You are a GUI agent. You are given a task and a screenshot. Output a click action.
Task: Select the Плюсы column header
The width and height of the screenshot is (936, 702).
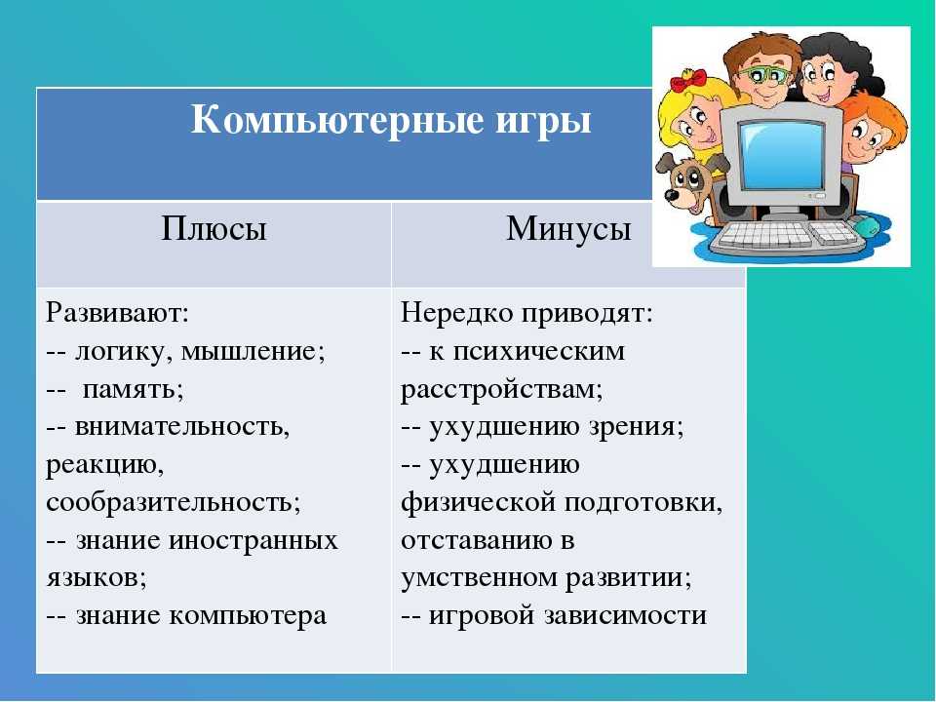coord(214,228)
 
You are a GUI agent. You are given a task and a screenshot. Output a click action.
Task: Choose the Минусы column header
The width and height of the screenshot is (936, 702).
coord(568,228)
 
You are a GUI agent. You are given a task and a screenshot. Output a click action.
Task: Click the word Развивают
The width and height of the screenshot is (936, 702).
coord(117,313)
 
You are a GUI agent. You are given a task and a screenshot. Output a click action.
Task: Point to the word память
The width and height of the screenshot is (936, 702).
coord(134,389)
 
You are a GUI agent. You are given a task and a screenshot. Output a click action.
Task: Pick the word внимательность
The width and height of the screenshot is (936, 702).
coord(182,427)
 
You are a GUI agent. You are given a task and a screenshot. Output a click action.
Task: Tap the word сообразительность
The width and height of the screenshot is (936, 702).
coord(174,503)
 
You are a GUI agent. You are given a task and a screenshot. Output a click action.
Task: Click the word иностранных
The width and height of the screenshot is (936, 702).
coord(253,540)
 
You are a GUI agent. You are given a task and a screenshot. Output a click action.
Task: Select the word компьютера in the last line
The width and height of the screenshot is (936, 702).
coord(247,617)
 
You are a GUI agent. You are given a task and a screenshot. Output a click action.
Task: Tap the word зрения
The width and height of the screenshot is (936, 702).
coord(636,428)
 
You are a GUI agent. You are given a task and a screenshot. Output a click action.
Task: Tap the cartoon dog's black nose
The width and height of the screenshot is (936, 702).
coord(671,195)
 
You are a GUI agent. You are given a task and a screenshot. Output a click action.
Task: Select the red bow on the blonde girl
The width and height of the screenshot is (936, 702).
coord(688,81)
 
